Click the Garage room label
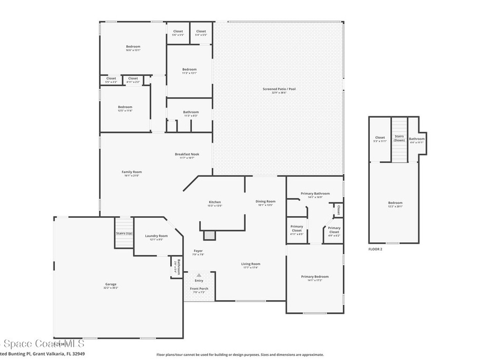click(x=111, y=284)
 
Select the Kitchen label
click(x=215, y=202)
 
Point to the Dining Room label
click(x=265, y=202)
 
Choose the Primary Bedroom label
click(x=315, y=277)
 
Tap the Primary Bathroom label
click(x=315, y=194)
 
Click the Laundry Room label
click(x=156, y=236)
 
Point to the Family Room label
click(x=132, y=172)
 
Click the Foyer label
click(x=198, y=251)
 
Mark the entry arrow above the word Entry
click(x=199, y=275)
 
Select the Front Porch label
click(x=199, y=289)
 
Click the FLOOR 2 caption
click(x=375, y=249)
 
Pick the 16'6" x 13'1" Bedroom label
click(x=133, y=47)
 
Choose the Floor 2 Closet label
click(x=380, y=138)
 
